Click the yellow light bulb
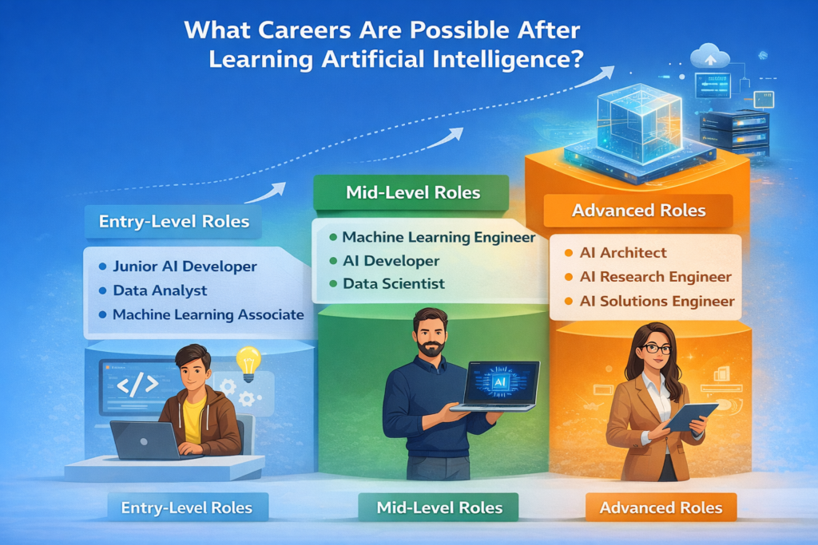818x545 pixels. click(x=248, y=361)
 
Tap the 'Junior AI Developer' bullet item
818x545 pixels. click(x=185, y=267)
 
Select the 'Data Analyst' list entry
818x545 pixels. click(x=160, y=290)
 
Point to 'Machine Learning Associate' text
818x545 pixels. click(x=208, y=314)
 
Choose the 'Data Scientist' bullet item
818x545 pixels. click(x=394, y=283)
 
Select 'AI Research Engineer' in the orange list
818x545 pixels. click(x=654, y=277)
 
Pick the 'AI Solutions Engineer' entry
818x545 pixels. click(x=656, y=301)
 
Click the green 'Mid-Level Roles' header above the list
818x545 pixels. click(x=412, y=192)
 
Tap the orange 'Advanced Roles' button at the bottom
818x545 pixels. click(x=661, y=507)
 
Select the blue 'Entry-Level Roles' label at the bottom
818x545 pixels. click(x=186, y=507)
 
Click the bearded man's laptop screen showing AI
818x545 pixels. click(x=501, y=382)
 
